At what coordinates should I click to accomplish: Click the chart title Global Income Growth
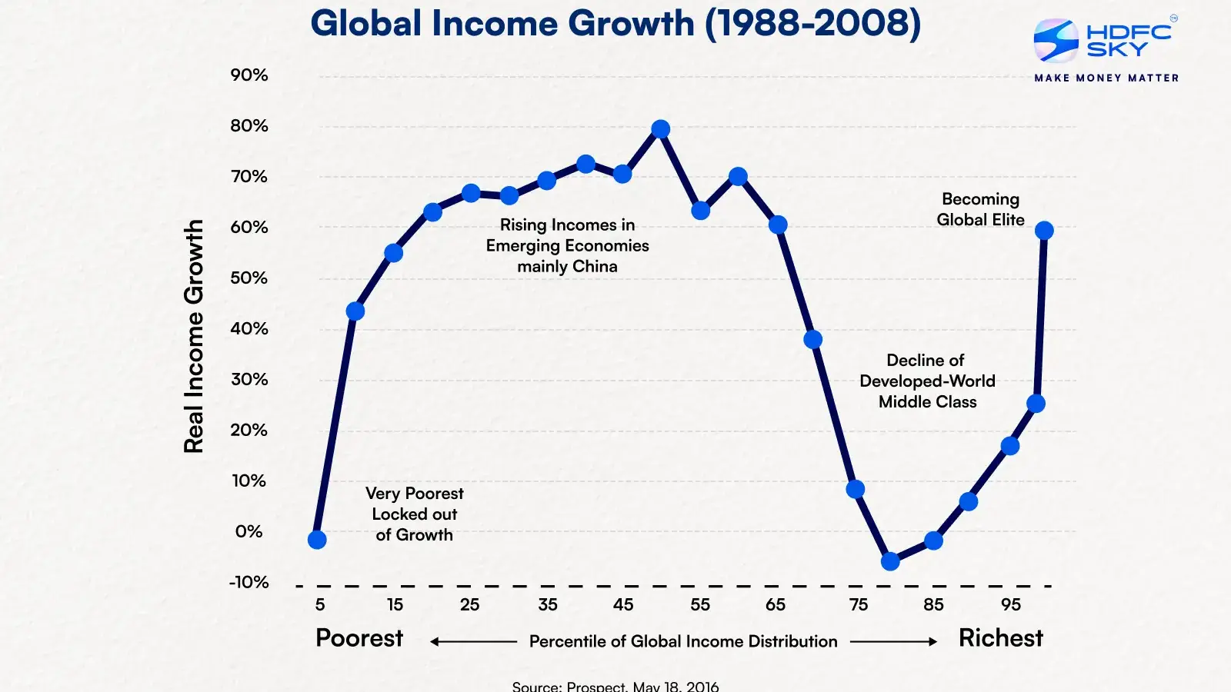[615, 24]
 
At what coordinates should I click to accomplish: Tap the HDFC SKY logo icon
[1056, 40]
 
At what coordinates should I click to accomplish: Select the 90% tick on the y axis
[249, 75]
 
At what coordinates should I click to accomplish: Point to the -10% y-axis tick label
[249, 582]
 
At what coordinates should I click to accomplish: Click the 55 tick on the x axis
[700, 605]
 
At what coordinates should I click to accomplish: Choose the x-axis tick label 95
[1011, 605]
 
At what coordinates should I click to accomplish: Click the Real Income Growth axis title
[194, 336]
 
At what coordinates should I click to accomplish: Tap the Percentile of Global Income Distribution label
[683, 641]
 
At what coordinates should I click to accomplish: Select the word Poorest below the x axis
[359, 638]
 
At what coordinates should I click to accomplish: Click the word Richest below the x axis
[1000, 638]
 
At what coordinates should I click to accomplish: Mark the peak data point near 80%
[660, 129]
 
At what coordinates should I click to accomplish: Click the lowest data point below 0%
[890, 561]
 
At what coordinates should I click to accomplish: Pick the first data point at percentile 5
[317, 540]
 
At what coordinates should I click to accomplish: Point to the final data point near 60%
[1044, 231]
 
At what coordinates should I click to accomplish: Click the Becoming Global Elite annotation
[980, 209]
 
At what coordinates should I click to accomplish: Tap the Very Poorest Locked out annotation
[415, 514]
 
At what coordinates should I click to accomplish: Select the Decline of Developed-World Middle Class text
[927, 381]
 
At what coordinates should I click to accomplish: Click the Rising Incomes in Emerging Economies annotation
[568, 245]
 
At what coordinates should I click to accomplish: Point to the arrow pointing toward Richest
[893, 641]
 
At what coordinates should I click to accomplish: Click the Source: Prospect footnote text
[615, 686]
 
